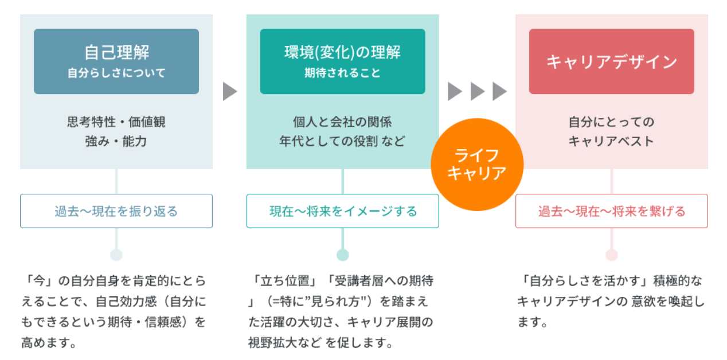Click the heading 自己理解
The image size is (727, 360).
pyautogui.click(x=116, y=52)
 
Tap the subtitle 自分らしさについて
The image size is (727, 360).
pyautogui.click(x=116, y=73)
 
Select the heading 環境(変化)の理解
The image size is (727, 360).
pyautogui.click(x=342, y=52)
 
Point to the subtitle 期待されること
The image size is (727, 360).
pyautogui.click(x=342, y=73)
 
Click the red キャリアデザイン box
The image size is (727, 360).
pyautogui.click(x=611, y=61)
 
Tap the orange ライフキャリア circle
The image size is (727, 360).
pyautogui.click(x=476, y=165)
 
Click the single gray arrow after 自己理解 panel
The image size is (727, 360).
pyautogui.click(x=229, y=91)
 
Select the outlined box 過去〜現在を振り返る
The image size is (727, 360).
pyautogui.click(x=116, y=211)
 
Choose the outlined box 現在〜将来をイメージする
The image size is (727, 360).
pyautogui.click(x=342, y=211)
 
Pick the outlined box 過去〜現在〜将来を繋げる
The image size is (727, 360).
pyautogui.click(x=611, y=211)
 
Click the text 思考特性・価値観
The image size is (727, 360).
pyautogui.click(x=116, y=122)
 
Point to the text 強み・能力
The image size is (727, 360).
pyautogui.click(x=116, y=141)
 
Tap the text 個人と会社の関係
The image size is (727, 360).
pyautogui.click(x=342, y=122)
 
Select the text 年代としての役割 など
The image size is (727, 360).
pyautogui.click(x=342, y=141)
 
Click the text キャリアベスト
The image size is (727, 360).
pyautogui.click(x=611, y=141)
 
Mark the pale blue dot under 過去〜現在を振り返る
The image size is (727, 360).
pyautogui.click(x=116, y=255)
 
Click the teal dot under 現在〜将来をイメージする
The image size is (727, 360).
pyautogui.click(x=342, y=255)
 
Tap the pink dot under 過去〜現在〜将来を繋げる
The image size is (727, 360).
pyautogui.click(x=611, y=255)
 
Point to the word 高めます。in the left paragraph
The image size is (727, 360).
pyautogui.click(x=49, y=343)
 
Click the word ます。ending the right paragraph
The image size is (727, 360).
pyautogui.click(x=533, y=323)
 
